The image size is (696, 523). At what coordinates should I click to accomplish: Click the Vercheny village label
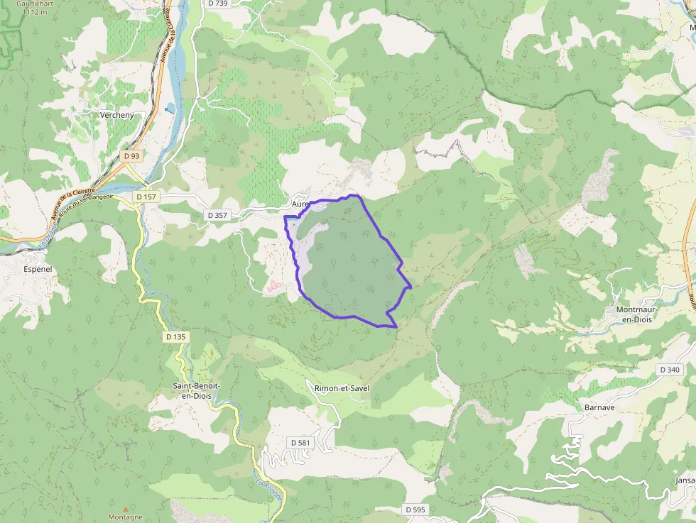click(117, 115)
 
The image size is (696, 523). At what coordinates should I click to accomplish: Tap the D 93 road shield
click(131, 156)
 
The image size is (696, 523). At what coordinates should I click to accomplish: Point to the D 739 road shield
click(219, 4)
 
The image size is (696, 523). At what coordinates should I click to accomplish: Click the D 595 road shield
click(415, 510)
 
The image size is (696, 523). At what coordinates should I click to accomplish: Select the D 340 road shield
click(670, 370)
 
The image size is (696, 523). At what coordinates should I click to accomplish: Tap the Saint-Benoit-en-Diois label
click(197, 390)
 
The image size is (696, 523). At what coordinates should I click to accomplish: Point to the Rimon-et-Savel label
click(342, 388)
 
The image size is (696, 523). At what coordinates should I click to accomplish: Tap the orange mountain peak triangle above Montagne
click(126, 508)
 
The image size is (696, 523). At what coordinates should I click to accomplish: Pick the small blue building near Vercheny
click(170, 109)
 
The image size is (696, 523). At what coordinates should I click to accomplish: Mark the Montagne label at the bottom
click(126, 517)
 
